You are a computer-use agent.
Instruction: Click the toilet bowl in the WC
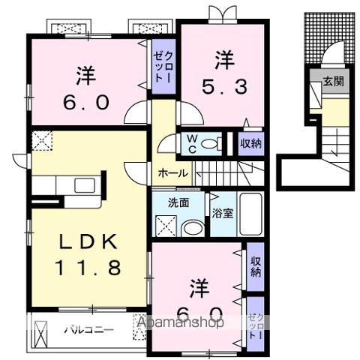(211, 143)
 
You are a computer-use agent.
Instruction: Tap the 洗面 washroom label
(178, 202)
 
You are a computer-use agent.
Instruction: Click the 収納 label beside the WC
(250, 143)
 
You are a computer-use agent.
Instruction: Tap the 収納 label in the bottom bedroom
(256, 267)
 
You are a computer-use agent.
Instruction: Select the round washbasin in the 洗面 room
(193, 229)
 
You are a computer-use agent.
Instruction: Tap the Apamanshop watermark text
(180, 323)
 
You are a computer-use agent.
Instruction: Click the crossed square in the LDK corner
(41, 140)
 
